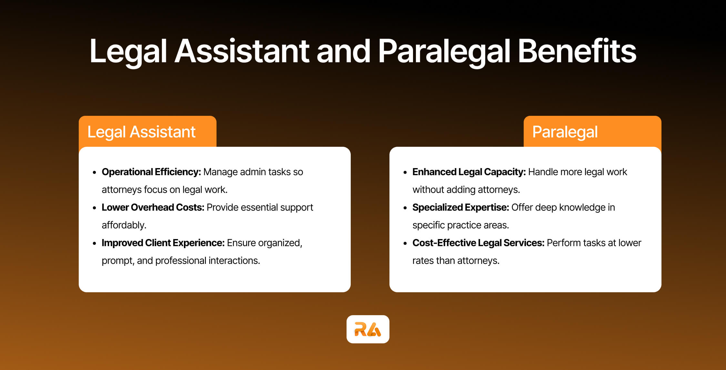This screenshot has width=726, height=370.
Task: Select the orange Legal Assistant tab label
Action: point(141,132)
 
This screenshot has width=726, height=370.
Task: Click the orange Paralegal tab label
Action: point(565,132)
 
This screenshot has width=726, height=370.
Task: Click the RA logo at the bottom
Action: point(368,329)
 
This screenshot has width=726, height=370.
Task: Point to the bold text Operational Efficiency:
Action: point(151,172)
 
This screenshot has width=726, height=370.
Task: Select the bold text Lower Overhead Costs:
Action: point(153,207)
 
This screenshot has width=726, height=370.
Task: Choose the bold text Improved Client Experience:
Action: point(163,243)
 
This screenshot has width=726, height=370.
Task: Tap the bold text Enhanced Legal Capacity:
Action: point(469,172)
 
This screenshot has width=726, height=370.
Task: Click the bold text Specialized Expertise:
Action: point(460,207)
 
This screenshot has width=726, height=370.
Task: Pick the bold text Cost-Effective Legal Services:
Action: point(478,243)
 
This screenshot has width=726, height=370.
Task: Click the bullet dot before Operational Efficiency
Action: point(95,173)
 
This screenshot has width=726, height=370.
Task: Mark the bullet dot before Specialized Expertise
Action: point(405,208)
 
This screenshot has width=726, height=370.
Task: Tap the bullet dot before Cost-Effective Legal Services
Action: point(405,244)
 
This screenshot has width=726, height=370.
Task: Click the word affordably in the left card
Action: point(124,225)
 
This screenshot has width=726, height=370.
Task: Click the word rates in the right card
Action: point(423,261)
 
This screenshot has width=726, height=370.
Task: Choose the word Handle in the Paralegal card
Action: point(543,172)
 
